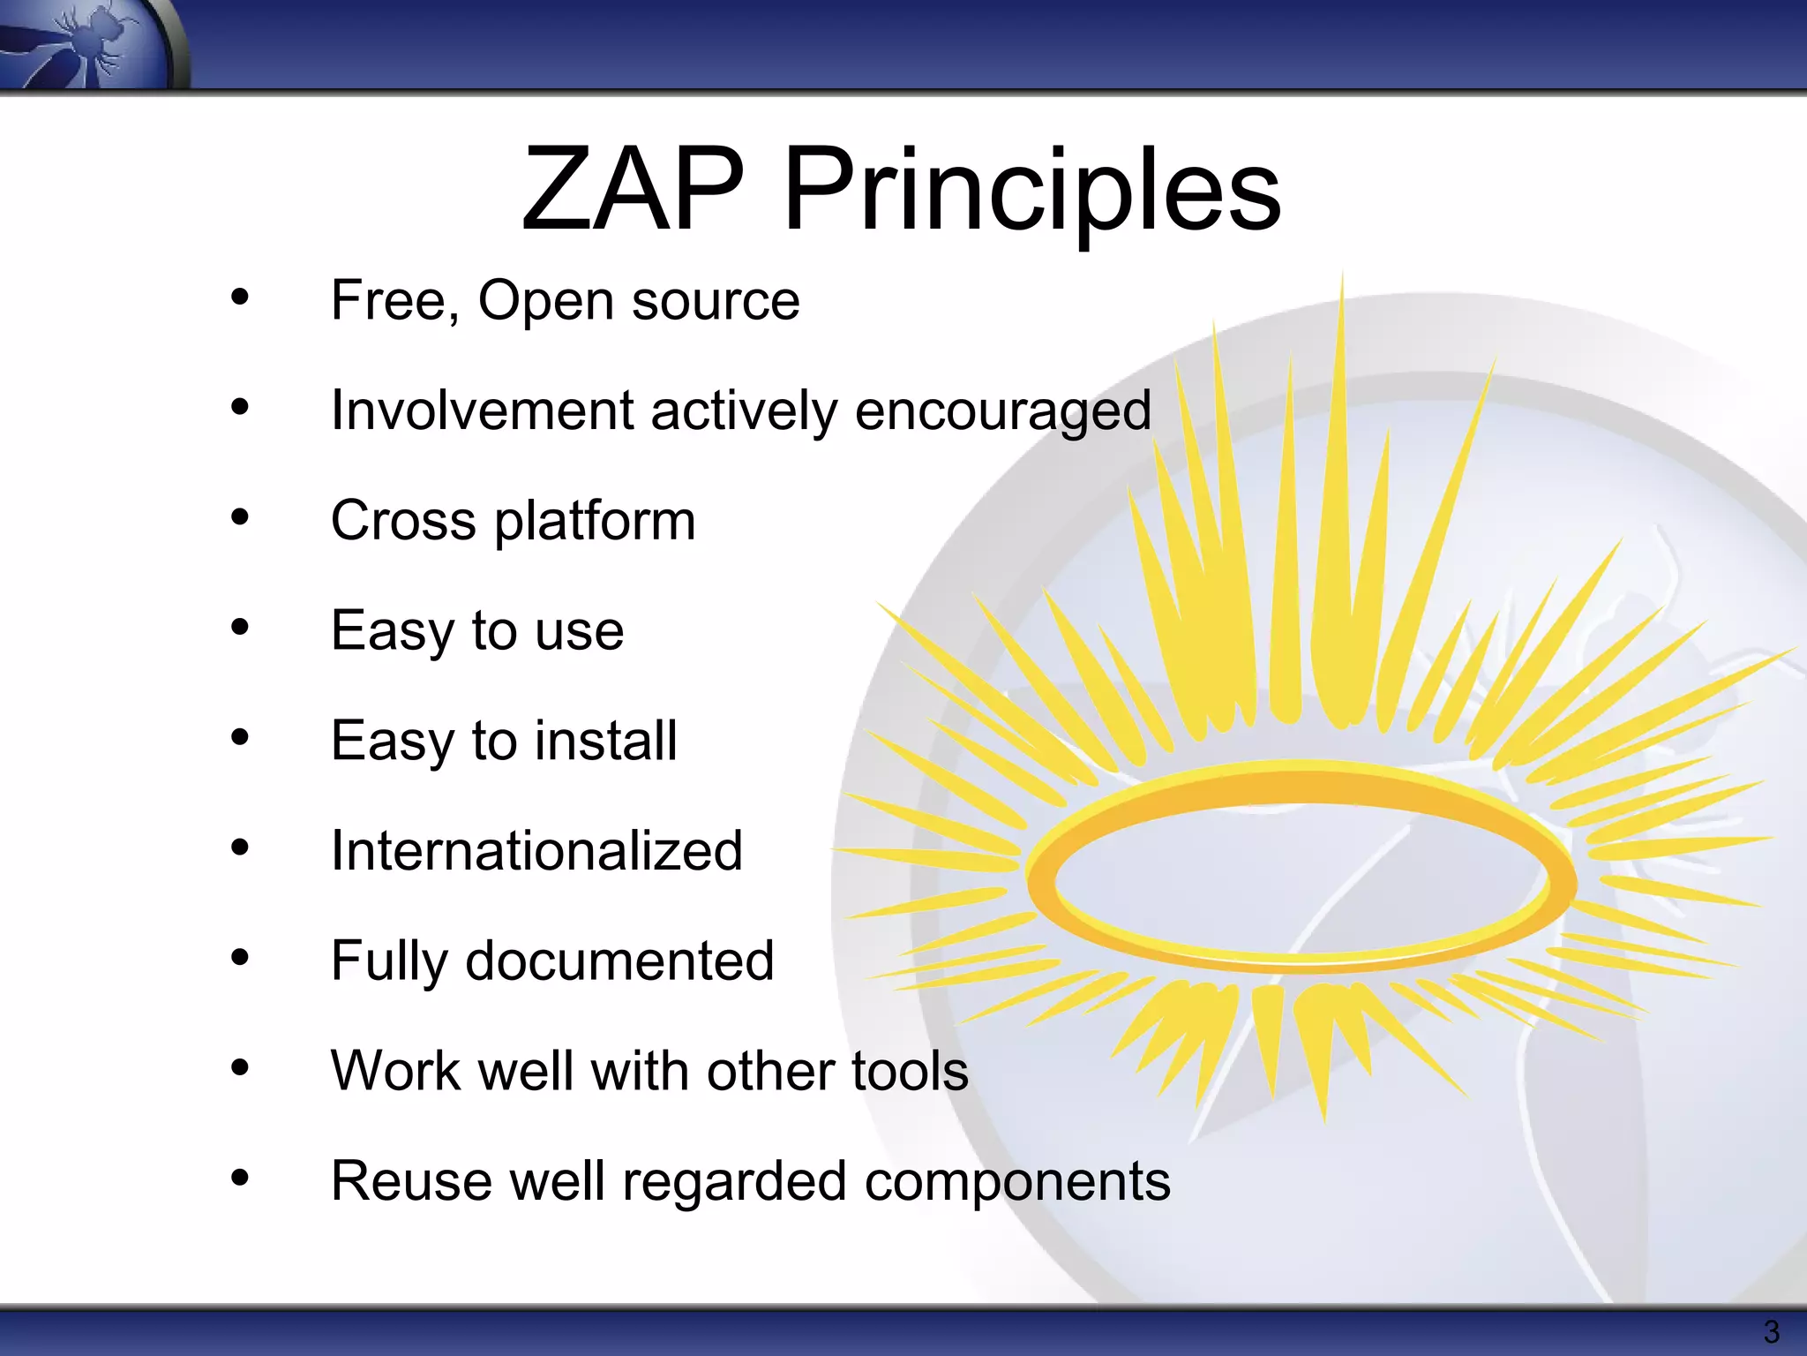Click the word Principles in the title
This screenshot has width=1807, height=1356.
[x=1031, y=192]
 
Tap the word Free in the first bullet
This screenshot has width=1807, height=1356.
[x=394, y=300]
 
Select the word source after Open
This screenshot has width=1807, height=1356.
[x=716, y=302]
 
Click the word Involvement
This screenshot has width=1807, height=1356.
[x=482, y=411]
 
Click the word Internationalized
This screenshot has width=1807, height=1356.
[x=536, y=851]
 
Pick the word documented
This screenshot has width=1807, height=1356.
[x=619, y=960]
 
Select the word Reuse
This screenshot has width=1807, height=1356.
[x=411, y=1181]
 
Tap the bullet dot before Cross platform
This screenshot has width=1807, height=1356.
[x=240, y=517]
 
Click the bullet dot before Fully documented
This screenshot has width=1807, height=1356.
[x=240, y=957]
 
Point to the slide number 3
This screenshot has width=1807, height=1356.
[x=1771, y=1331]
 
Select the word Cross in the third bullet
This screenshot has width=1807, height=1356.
[x=403, y=520]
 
